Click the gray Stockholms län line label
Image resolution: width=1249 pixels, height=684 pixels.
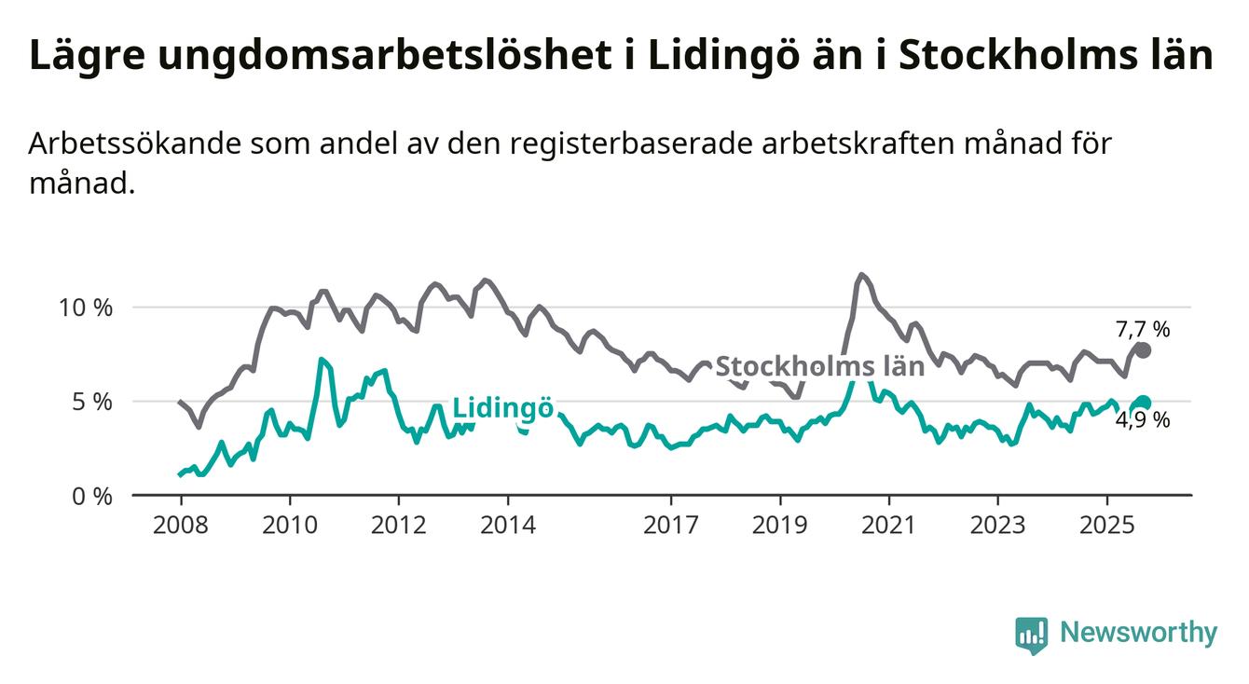click(x=819, y=366)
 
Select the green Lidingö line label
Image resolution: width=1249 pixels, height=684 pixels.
click(x=503, y=408)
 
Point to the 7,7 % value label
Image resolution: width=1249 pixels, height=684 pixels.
click(x=1142, y=329)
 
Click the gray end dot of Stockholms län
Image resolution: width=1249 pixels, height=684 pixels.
click(x=1144, y=350)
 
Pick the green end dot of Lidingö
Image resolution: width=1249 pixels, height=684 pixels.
click(x=1144, y=403)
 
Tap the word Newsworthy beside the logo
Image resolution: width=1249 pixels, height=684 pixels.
click(x=1138, y=634)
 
